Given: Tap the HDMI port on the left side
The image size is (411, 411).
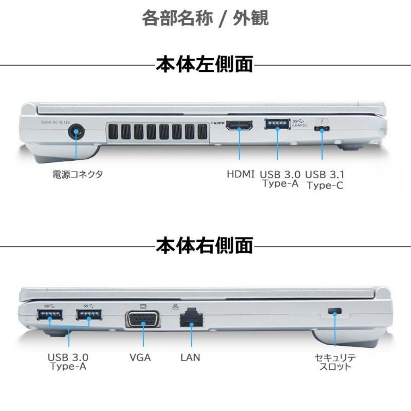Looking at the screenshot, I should (239, 125).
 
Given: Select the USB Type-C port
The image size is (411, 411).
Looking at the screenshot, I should (321, 129).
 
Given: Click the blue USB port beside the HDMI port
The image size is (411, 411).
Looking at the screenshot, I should (277, 124).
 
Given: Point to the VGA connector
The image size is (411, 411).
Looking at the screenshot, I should (143, 319).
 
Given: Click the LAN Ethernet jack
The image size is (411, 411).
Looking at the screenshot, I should (191, 317).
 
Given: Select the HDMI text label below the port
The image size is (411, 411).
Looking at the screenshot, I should (241, 174).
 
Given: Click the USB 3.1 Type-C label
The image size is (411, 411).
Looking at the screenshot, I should (325, 180).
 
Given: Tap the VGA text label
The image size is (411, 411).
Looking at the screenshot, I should (140, 358).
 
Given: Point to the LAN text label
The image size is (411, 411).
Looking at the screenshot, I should (190, 358).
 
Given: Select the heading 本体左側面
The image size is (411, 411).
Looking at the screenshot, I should (204, 65).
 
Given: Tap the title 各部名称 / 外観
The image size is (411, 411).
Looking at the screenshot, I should (205, 18).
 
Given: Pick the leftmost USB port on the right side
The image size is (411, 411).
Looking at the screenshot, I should (50, 315).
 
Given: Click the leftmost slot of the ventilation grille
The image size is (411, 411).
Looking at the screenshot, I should (113, 132).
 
